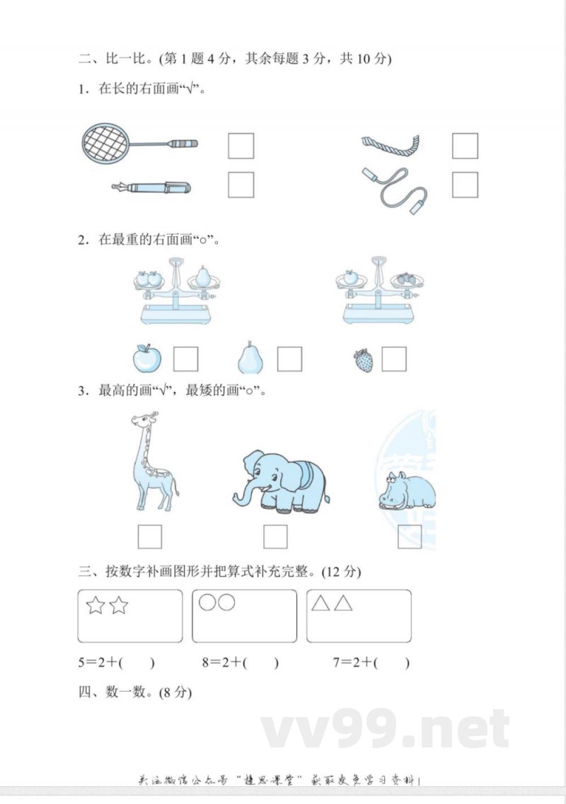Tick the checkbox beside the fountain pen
(x=241, y=185)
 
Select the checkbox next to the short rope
(x=465, y=146)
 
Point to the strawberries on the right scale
(x=405, y=279)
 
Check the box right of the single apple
(x=186, y=359)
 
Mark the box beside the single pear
(x=289, y=359)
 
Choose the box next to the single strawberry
(x=394, y=359)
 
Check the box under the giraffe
(x=149, y=537)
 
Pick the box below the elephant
(x=275, y=537)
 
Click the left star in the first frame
(x=96, y=605)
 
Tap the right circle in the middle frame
(x=226, y=602)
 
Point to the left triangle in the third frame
(x=321, y=603)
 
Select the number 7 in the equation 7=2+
(x=337, y=663)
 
